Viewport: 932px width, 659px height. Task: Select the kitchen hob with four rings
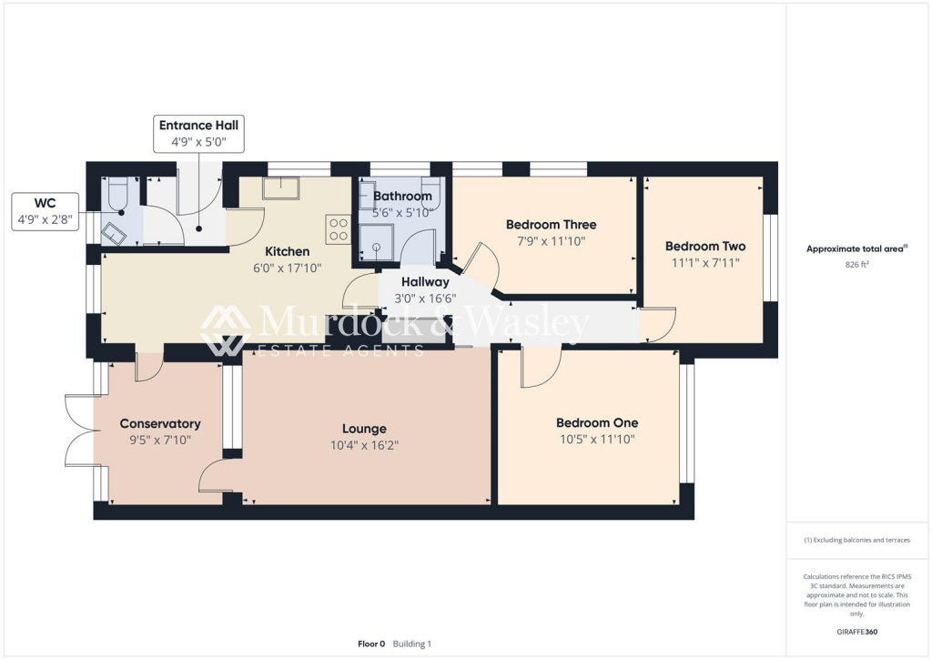coord(338,228)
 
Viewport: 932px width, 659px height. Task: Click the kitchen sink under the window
coord(281,188)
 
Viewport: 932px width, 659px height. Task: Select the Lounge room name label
coord(364,429)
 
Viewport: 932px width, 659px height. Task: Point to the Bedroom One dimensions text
coord(597,439)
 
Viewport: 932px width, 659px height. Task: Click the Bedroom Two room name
coord(704,247)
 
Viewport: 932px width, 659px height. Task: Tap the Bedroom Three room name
coord(551,225)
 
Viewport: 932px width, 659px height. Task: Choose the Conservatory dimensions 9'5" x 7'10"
coord(160,440)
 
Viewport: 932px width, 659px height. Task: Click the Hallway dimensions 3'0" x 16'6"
coord(425,298)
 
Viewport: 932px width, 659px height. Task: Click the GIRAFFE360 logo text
coord(856,632)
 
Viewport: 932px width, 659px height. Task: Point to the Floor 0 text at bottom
coord(371,644)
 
